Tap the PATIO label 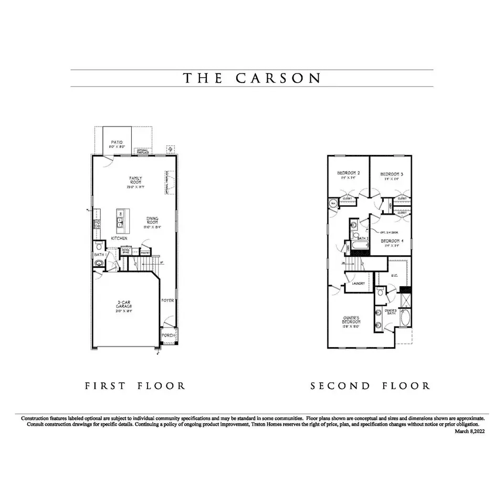117,142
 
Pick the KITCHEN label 119,238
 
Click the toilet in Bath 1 99,246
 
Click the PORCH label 169,335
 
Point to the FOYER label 167,301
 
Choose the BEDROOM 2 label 348,173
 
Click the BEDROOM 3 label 392,174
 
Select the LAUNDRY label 359,283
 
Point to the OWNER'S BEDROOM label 351,320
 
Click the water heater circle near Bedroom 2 333,203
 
